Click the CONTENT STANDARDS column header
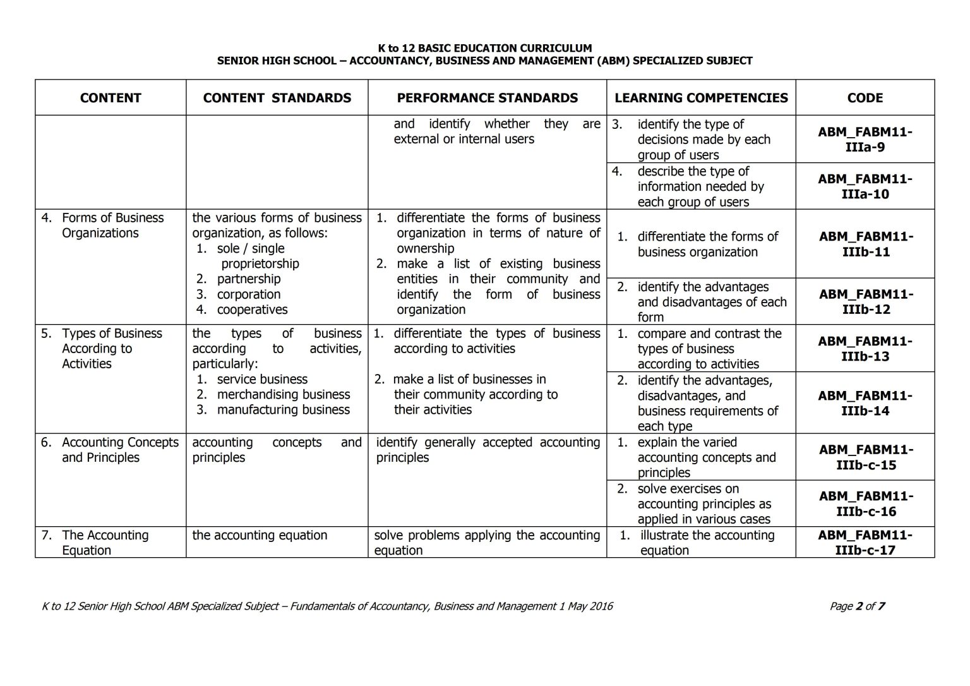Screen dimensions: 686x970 (x=277, y=98)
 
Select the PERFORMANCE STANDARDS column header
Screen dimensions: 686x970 (x=487, y=98)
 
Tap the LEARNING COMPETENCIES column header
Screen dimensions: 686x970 (x=701, y=98)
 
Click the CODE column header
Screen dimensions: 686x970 (x=865, y=98)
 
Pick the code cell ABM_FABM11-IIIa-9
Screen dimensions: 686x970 (x=865, y=140)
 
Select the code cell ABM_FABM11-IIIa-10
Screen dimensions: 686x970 (x=865, y=186)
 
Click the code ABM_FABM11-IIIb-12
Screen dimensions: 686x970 (x=865, y=302)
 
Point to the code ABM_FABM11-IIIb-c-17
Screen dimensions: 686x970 (x=865, y=543)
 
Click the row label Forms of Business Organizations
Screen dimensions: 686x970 (x=112, y=226)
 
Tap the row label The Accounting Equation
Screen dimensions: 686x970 (x=105, y=543)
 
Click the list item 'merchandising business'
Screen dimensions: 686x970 (x=283, y=394)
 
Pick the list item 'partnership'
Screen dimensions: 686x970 (x=248, y=279)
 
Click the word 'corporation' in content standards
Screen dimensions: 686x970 (x=248, y=294)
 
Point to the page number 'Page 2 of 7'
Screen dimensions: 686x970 (x=856, y=606)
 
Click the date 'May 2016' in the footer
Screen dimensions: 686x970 (x=590, y=606)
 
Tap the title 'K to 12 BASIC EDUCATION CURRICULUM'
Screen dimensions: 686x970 (x=484, y=48)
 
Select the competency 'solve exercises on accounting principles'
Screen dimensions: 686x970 (x=704, y=503)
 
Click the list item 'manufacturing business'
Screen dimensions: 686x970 (x=283, y=409)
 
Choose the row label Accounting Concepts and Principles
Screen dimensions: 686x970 (x=119, y=450)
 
